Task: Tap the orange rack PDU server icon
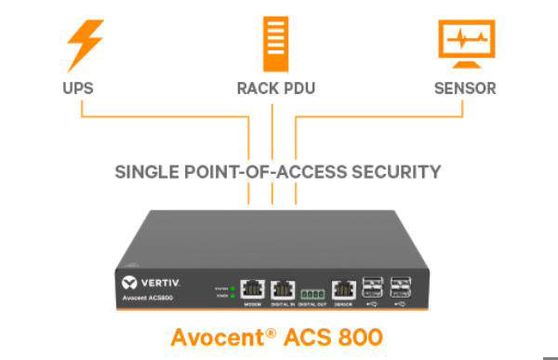(x=272, y=42)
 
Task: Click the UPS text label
(x=81, y=89)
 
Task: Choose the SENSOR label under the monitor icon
(x=465, y=89)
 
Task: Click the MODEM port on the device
(x=253, y=289)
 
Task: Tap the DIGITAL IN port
(x=283, y=289)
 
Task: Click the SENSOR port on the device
(x=343, y=289)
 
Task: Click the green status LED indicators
(x=231, y=290)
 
